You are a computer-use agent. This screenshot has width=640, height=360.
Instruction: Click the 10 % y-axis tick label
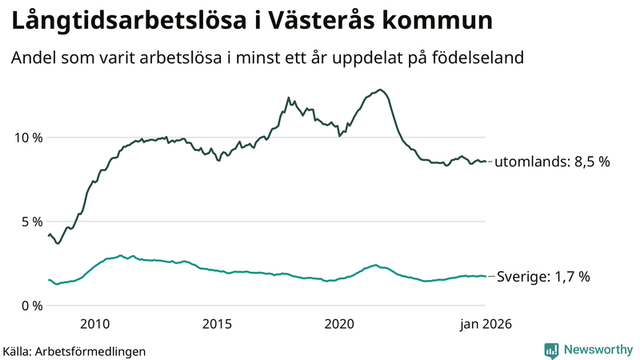pos(27,138)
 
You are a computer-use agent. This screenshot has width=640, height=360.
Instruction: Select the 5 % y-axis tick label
pos(31,222)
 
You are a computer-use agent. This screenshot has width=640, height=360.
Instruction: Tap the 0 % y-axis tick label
pos(31,306)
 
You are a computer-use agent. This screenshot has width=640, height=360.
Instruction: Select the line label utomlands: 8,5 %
pos(552,162)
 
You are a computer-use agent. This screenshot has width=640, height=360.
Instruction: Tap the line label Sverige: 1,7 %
pos(543,277)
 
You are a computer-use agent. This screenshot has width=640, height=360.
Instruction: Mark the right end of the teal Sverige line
pos(486,276)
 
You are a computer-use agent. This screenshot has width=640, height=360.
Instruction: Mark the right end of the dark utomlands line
pos(486,162)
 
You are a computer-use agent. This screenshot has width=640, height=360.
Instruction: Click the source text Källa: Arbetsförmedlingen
pos(74,351)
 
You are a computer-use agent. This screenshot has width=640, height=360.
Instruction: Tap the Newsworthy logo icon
pos(551,350)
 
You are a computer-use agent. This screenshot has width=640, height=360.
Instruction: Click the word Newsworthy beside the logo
pos(598,350)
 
